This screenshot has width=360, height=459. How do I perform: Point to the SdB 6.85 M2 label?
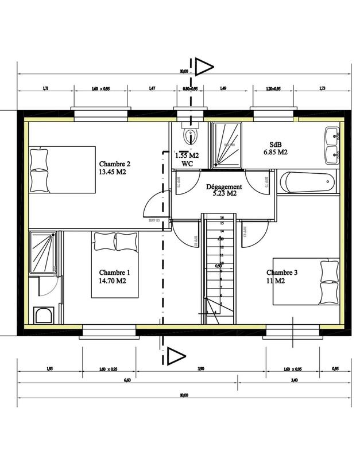(x=275, y=148)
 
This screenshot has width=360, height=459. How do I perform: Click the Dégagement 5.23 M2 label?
(x=224, y=190)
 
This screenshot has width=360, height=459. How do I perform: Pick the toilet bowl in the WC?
(x=189, y=135)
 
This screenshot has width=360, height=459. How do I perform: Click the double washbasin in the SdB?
(x=333, y=146)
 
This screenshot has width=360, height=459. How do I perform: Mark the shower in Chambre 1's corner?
(x=42, y=252)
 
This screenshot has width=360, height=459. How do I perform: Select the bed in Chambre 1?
(x=115, y=264)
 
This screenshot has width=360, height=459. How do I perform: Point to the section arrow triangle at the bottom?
(x=175, y=356)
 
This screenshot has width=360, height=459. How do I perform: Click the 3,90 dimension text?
(x=200, y=369)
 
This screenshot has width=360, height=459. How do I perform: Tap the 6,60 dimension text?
(x=127, y=380)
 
